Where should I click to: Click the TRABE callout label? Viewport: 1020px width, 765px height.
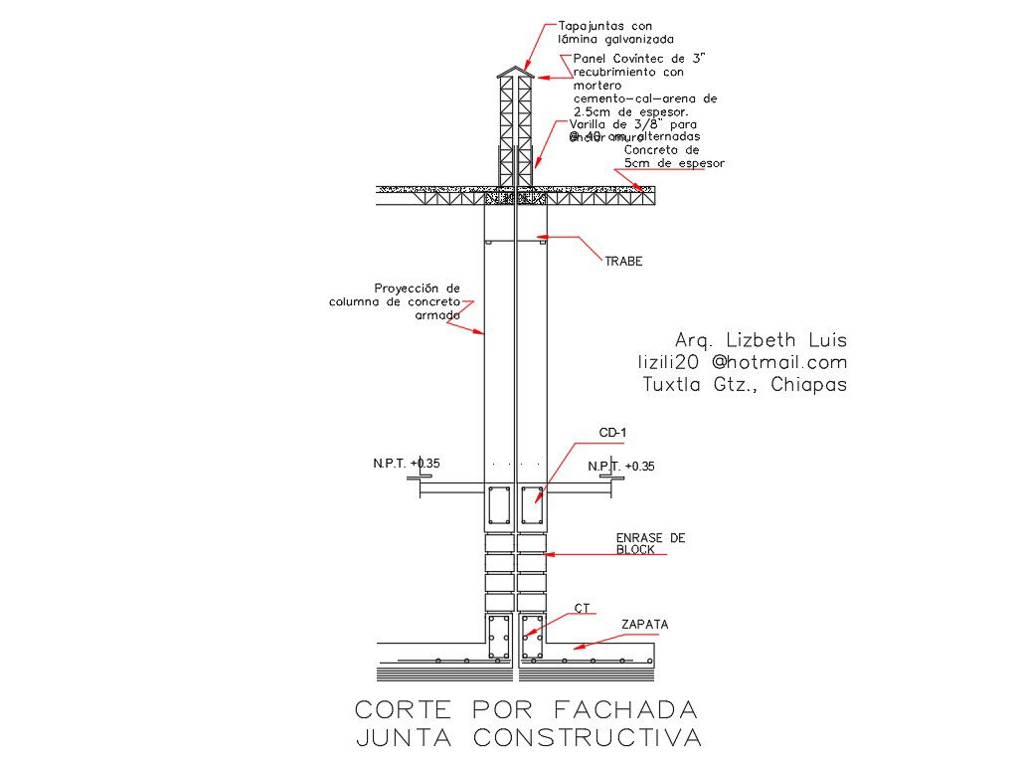tap(623, 262)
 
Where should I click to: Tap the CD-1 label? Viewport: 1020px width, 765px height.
tap(612, 432)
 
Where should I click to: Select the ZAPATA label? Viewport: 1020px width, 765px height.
tap(644, 625)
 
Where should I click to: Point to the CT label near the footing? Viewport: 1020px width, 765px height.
tap(582, 608)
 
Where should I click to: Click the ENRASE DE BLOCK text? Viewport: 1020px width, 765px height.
tap(650, 543)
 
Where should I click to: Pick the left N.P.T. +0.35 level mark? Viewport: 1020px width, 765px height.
tap(406, 464)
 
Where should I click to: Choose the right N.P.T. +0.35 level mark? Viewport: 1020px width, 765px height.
tap(621, 467)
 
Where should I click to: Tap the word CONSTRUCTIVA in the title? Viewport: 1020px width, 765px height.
tap(587, 738)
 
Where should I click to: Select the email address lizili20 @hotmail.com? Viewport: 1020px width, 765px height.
tap(742, 362)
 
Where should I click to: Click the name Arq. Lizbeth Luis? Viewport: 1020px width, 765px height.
tap(761, 339)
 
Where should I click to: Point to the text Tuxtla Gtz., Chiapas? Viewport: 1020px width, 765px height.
tap(745, 385)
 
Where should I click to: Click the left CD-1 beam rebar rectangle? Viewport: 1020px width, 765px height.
tap(499, 506)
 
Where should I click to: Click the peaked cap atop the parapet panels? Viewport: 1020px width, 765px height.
tap(515, 73)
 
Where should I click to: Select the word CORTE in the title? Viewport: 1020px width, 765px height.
tap(403, 709)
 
